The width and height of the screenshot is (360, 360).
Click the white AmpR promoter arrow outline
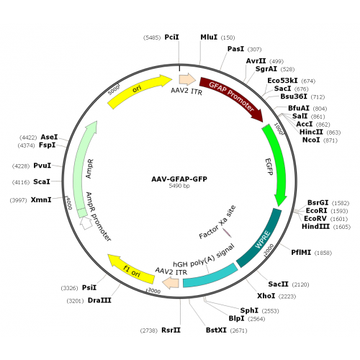coord(86,223)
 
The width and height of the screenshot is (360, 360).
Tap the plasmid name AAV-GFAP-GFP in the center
coord(179,179)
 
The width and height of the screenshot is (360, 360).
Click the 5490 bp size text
coord(179,186)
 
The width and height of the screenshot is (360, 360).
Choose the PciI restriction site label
coord(171,37)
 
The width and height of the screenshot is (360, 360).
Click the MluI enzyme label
coord(209,37)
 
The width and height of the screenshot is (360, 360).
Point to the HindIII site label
coord(315,226)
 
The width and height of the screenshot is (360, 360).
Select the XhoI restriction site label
coord(266,296)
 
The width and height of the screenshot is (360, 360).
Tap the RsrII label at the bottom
coord(171,330)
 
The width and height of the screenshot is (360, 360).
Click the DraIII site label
coord(99,300)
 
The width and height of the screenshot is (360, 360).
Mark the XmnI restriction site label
coord(41,199)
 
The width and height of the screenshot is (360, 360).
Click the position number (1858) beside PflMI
coord(323,253)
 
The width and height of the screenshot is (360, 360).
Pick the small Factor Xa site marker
coord(227,233)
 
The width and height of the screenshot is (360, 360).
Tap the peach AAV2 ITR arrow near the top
coord(187,79)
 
